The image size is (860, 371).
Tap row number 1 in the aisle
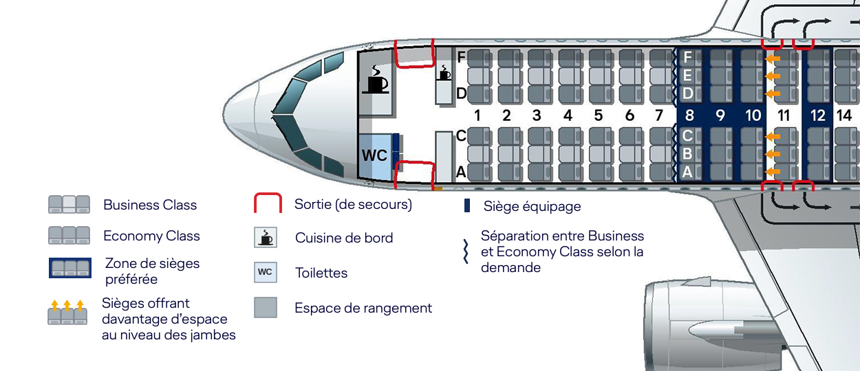point(477,115)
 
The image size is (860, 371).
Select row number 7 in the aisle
point(659,115)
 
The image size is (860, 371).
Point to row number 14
point(844,115)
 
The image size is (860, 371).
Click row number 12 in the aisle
point(817,115)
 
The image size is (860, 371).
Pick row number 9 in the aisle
point(720,115)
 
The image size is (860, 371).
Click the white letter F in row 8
point(687,56)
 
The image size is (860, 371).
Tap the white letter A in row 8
point(687,172)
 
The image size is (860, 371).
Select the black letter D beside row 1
point(462,93)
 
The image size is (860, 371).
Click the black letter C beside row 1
point(462,136)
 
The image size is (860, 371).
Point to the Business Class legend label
point(150,205)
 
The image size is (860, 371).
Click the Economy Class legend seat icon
point(69,236)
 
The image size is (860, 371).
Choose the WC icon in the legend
point(265,272)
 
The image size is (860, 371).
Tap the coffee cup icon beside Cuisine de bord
point(265,238)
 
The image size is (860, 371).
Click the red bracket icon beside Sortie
point(268,204)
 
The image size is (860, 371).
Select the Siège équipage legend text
point(532,206)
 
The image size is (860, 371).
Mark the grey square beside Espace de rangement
point(266,307)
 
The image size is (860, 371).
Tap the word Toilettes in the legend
point(321,273)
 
